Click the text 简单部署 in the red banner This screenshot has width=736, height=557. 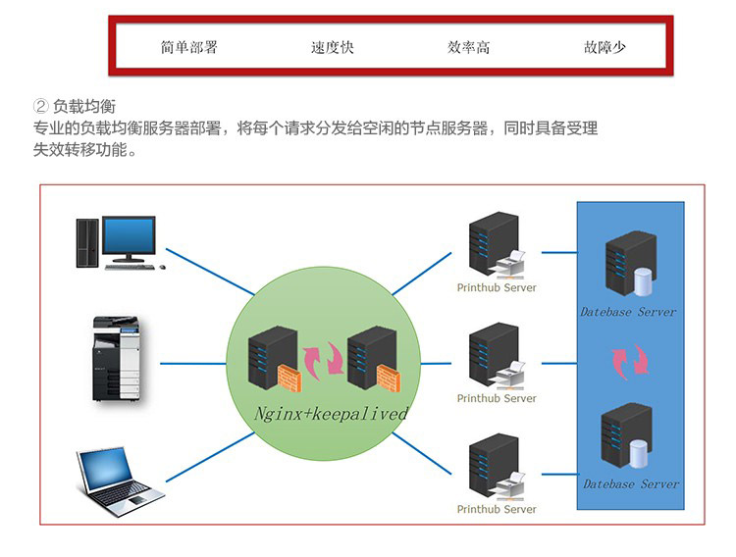coord(188,47)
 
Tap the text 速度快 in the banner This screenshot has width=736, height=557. coord(332,47)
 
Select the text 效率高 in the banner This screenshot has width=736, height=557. coord(468,47)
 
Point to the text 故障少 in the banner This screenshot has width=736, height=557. coord(605,47)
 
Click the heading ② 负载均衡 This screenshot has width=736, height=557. coord(81,106)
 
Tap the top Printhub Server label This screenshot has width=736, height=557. coord(497,288)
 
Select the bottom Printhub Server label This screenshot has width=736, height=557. coord(497,510)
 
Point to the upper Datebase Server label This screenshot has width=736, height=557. coord(628,312)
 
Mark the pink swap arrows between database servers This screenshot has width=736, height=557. coord(630,360)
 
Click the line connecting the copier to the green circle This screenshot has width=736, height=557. coord(193,363)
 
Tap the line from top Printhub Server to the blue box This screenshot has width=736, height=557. coord(558,252)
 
